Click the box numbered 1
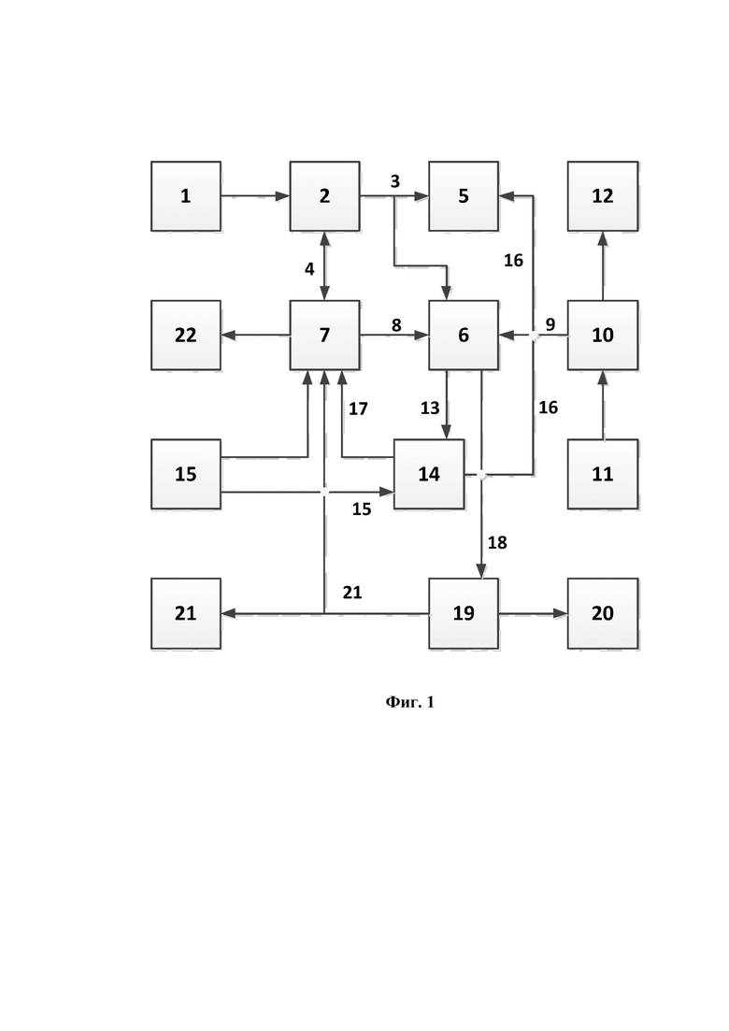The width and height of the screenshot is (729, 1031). pyautogui.click(x=186, y=196)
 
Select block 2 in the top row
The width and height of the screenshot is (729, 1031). pyautogui.click(x=324, y=196)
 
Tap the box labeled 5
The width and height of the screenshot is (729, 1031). pyautogui.click(x=464, y=196)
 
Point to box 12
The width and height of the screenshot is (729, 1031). pyautogui.click(x=603, y=196)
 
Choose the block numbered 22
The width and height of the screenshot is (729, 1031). pyautogui.click(x=186, y=336)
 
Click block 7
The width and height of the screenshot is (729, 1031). pyautogui.click(x=324, y=336)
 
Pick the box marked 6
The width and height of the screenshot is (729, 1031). pyautogui.click(x=464, y=336)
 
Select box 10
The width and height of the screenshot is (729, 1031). pyautogui.click(x=603, y=336)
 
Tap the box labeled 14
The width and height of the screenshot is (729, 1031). pyautogui.click(x=429, y=474)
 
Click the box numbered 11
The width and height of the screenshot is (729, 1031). pyautogui.click(x=603, y=474)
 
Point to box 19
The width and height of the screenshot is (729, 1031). pyautogui.click(x=464, y=613)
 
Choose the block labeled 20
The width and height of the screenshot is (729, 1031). pyautogui.click(x=603, y=613)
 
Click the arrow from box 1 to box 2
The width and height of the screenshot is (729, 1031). pyautogui.click(x=256, y=196)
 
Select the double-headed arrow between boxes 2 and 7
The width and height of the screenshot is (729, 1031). pyautogui.click(x=324, y=265)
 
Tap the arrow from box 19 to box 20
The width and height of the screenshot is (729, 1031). pyautogui.click(x=533, y=613)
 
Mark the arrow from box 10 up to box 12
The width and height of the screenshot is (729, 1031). pyautogui.click(x=603, y=265)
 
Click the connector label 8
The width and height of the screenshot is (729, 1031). pyautogui.click(x=396, y=325)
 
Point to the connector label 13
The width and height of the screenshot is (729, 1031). pyautogui.click(x=430, y=408)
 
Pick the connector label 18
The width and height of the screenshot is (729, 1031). pyautogui.click(x=497, y=542)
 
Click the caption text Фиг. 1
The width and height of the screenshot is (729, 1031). pyautogui.click(x=409, y=702)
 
